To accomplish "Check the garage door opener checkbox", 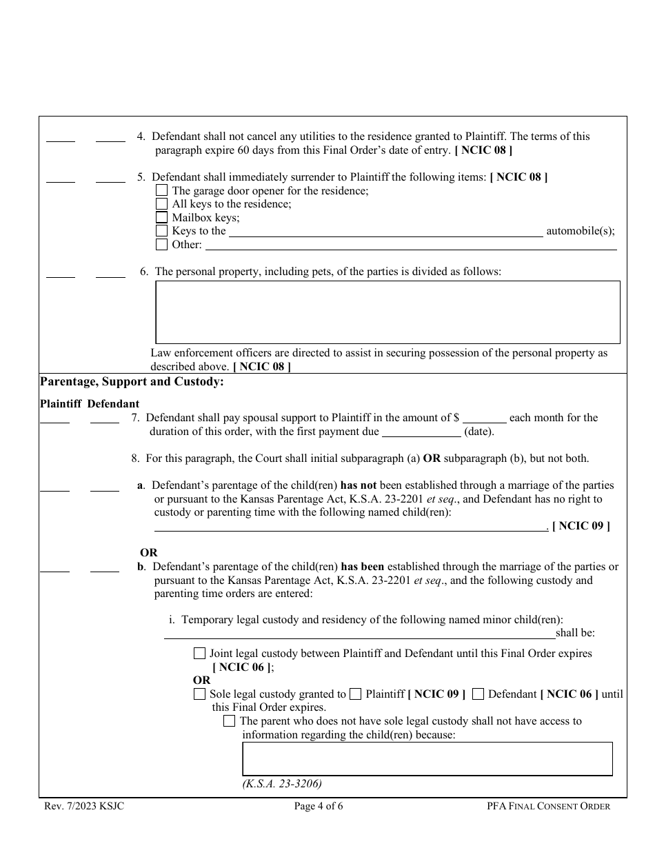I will (161, 190).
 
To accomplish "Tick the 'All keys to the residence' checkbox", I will (161, 204).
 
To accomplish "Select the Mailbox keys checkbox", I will (161, 218).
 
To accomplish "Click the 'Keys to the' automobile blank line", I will (385, 232).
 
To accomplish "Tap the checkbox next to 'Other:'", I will (161, 245).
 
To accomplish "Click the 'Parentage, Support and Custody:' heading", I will (132, 381).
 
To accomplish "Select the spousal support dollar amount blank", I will (485, 418).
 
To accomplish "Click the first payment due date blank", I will (421, 432).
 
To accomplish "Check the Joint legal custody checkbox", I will (199, 654).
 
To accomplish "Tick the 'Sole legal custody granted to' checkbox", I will (199, 694).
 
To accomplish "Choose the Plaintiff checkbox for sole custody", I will (355, 694).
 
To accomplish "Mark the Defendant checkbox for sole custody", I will (478, 694).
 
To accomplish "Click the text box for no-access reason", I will (427, 758).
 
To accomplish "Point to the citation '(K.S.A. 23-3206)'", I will (282, 783).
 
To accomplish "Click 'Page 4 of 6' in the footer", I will (318, 806).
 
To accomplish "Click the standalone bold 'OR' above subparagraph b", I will (149, 552).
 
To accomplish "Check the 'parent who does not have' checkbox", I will (230, 721).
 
